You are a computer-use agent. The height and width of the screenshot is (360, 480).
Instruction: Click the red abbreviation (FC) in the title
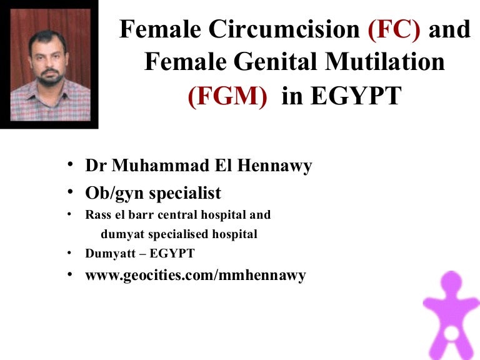(394, 29)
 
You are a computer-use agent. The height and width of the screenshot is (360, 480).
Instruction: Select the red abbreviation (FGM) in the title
(227, 96)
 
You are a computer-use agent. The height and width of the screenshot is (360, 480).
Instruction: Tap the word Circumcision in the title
(284, 29)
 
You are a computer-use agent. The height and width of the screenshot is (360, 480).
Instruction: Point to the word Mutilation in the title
(385, 61)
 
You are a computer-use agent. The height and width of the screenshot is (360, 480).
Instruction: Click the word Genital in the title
(274, 61)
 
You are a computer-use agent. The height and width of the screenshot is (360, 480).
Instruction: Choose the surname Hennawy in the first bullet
(274, 166)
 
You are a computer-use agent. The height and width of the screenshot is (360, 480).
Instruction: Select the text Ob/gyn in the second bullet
(114, 194)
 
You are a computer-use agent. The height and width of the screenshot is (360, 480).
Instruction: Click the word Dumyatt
(110, 254)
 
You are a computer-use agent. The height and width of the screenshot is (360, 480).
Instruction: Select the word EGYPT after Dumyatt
(172, 254)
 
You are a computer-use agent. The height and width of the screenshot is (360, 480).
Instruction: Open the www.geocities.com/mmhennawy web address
(196, 276)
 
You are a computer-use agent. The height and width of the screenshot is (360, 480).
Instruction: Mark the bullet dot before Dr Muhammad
(70, 164)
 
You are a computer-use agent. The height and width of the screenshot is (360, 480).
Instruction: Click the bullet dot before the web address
(70, 274)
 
